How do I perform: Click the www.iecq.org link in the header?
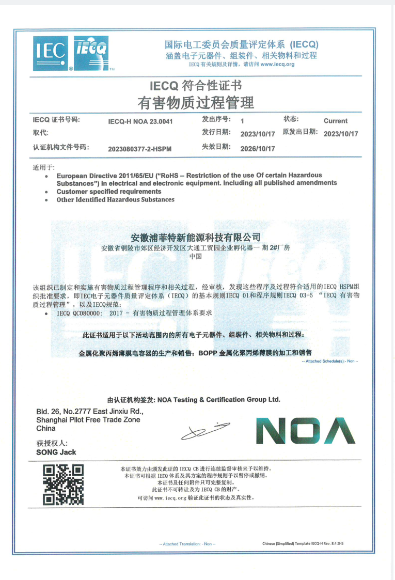click(x=277, y=65)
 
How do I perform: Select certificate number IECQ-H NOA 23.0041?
click(x=140, y=121)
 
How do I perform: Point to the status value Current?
click(x=335, y=121)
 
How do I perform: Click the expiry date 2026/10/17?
click(x=258, y=148)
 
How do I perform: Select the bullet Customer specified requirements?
click(x=108, y=191)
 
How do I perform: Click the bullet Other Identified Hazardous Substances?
click(x=115, y=199)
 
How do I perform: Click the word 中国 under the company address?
click(x=196, y=257)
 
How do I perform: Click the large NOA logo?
click(x=305, y=430)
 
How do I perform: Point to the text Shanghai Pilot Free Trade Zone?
click(x=88, y=420)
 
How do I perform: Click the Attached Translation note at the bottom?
click(x=187, y=544)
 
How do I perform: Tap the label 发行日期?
click(x=216, y=132)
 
